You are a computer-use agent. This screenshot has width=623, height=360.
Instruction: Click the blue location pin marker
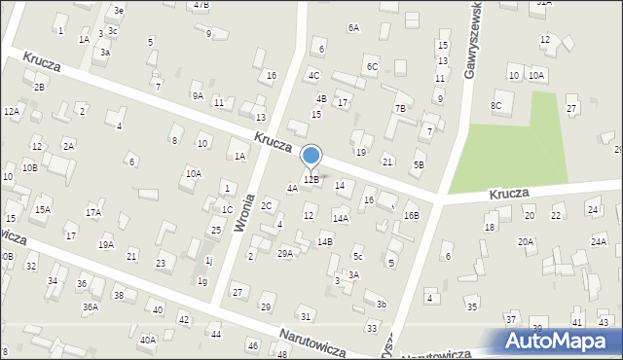[311, 156]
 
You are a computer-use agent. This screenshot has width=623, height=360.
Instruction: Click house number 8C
[496, 105]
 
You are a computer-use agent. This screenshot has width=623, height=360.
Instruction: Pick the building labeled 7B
[399, 108]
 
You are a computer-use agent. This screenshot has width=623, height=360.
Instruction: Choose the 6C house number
[372, 66]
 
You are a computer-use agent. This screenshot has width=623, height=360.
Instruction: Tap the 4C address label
[313, 75]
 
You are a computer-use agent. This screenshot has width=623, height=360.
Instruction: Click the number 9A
[197, 95]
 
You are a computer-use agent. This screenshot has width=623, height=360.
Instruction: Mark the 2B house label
[39, 87]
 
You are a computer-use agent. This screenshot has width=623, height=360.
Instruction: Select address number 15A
[42, 209]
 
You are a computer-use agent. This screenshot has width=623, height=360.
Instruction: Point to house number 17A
[92, 212]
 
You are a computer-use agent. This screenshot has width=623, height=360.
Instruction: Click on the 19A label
[105, 244]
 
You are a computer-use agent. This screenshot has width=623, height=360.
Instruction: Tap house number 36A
[90, 306]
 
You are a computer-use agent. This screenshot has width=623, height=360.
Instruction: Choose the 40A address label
[147, 340]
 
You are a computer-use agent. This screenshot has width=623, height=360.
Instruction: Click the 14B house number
[324, 241]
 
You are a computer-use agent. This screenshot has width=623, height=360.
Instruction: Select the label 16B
[411, 215]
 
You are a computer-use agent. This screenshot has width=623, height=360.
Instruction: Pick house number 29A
[284, 253]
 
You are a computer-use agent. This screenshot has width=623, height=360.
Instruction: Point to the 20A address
[526, 241]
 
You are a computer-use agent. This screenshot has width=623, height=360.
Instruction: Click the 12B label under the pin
[311, 179]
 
